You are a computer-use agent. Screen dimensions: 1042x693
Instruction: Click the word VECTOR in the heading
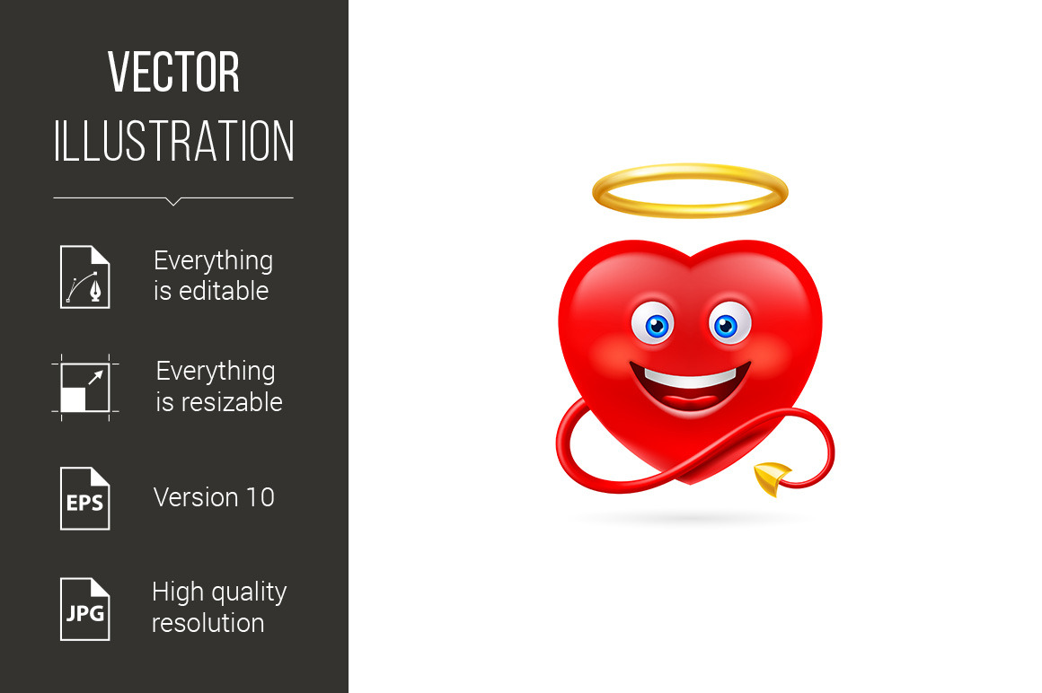(173, 72)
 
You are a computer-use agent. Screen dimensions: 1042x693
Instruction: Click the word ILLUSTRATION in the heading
(173, 141)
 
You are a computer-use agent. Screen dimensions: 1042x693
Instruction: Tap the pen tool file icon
(85, 276)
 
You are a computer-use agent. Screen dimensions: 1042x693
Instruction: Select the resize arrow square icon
(85, 387)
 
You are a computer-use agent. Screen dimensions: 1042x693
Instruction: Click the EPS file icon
(85, 498)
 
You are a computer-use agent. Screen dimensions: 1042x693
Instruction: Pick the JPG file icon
(85, 610)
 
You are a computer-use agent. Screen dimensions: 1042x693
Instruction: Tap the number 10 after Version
(260, 497)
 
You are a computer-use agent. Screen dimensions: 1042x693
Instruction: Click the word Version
(196, 497)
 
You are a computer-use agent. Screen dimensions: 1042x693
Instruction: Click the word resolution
(208, 623)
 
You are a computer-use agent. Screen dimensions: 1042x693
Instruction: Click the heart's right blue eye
(729, 323)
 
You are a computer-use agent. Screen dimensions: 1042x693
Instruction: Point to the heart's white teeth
(691, 378)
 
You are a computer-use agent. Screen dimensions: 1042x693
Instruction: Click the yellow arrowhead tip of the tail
(773, 494)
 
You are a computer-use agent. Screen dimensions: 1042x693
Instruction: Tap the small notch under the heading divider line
(173, 201)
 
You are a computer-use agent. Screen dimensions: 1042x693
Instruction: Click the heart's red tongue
(691, 401)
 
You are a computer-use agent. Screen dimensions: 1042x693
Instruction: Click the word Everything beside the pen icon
(213, 261)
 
